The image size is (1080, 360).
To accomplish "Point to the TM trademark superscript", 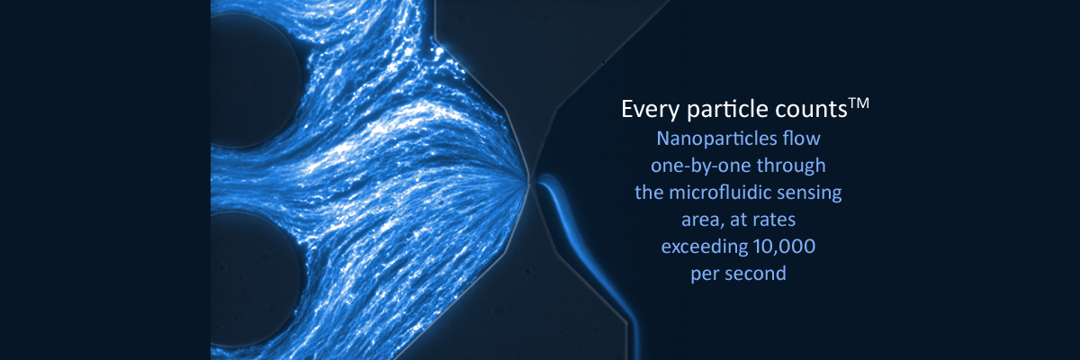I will (x=858, y=103).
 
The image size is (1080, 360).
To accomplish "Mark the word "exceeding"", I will (x=698, y=247).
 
